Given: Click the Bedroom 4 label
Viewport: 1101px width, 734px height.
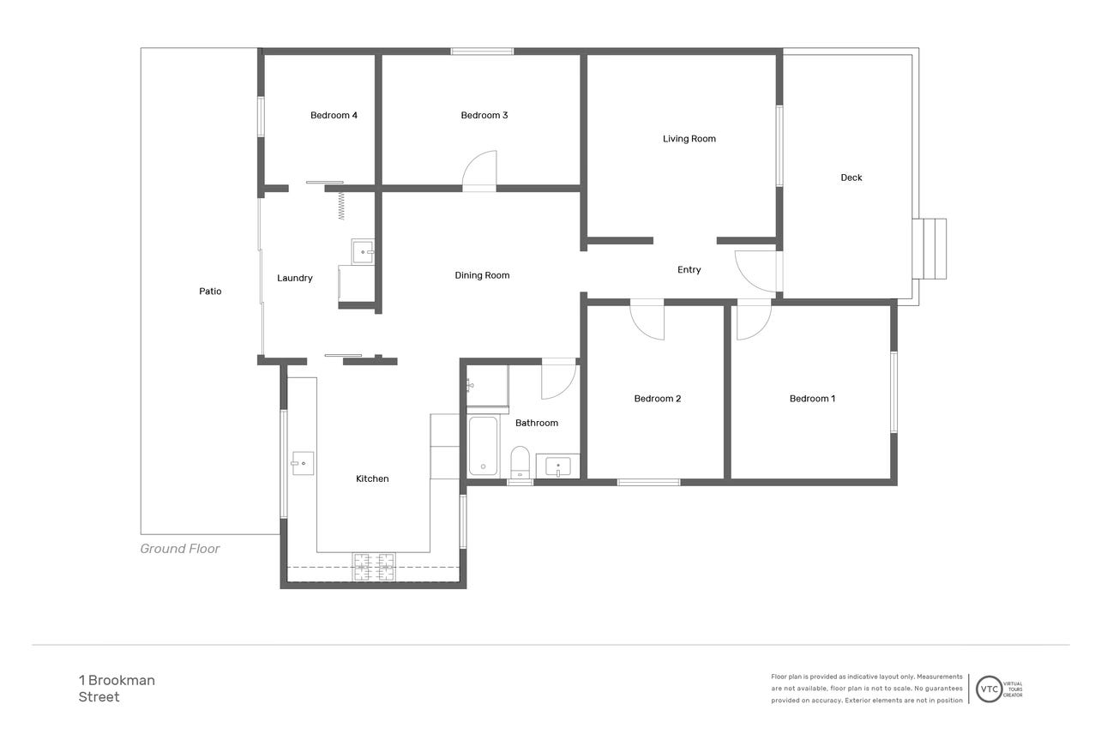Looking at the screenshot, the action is [x=334, y=115].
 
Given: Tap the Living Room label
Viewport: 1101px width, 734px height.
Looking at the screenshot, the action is [x=689, y=139].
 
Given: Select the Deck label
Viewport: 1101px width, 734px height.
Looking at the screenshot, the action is [x=851, y=177].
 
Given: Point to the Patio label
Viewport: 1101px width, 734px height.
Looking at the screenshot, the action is [x=210, y=291].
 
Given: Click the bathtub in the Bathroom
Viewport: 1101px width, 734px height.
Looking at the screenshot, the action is [x=483, y=446].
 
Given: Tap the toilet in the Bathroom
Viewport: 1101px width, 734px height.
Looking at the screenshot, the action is [x=520, y=461].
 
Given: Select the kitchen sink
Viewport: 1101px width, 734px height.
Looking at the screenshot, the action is [x=303, y=463].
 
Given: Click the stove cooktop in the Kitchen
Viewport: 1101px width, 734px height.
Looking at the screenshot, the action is [x=374, y=566].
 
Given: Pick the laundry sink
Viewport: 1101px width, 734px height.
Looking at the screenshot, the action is [x=363, y=252].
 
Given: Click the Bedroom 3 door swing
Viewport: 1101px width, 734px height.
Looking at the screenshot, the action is [x=479, y=171].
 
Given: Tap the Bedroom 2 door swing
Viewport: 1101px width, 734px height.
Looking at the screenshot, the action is [x=647, y=319].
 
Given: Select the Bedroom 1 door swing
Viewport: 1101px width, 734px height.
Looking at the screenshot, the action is [x=754, y=319].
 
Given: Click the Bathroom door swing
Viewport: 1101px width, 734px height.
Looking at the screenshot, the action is [x=559, y=378].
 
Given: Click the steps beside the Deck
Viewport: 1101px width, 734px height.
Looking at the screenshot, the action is [x=930, y=249].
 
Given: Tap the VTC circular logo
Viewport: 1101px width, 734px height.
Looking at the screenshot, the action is [x=989, y=689].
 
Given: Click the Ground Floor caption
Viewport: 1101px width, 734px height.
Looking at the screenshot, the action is [x=180, y=549].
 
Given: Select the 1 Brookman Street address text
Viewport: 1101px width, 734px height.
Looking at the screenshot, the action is [x=117, y=689].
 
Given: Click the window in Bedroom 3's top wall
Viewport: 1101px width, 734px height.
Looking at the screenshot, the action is [x=482, y=51].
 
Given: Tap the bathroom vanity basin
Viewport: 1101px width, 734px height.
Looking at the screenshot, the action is [x=558, y=466].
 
